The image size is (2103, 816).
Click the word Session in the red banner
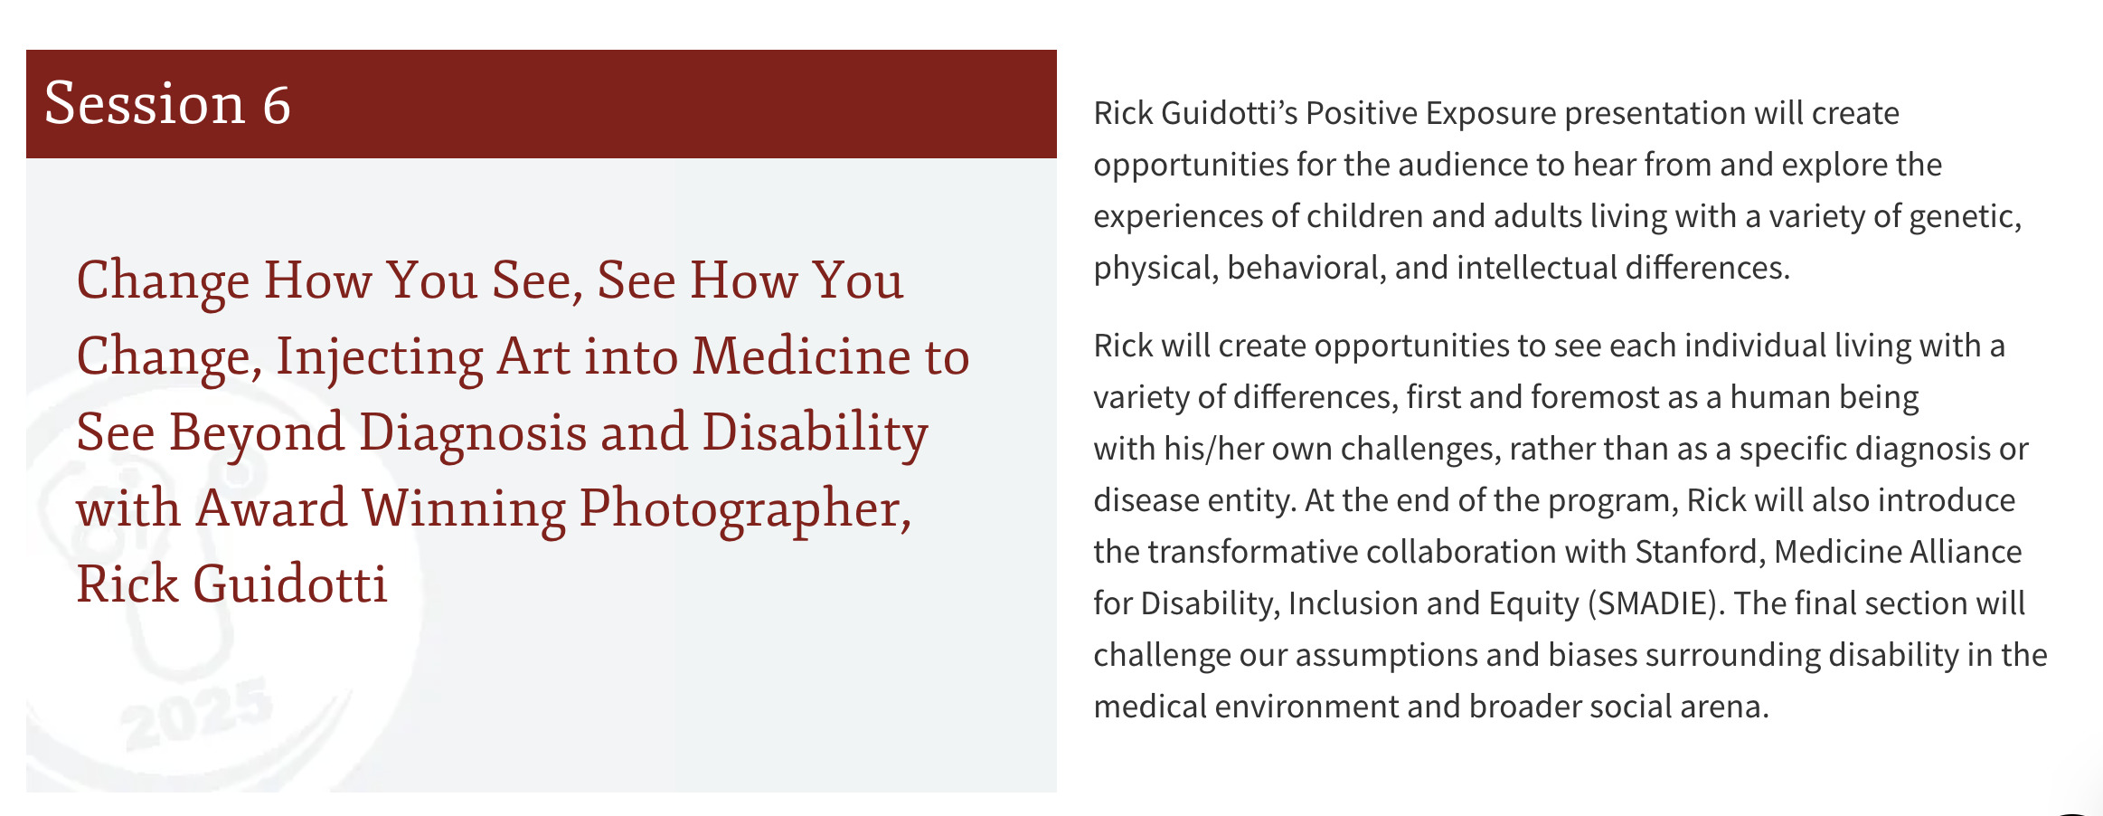coord(145,103)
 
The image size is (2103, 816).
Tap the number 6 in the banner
coord(277,105)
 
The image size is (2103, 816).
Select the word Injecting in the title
coord(379,358)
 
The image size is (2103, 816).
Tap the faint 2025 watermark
coord(195,715)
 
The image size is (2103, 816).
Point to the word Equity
coord(1534,604)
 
